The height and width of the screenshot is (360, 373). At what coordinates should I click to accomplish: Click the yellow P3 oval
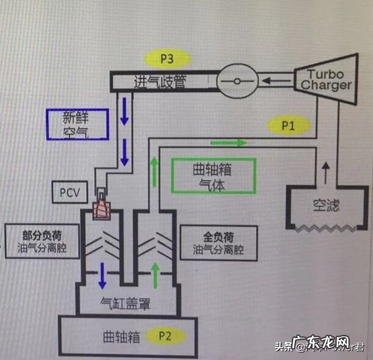click(x=167, y=59)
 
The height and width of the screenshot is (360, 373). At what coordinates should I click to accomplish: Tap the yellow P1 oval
click(x=289, y=126)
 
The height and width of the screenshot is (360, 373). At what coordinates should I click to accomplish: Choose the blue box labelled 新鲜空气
click(x=77, y=124)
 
